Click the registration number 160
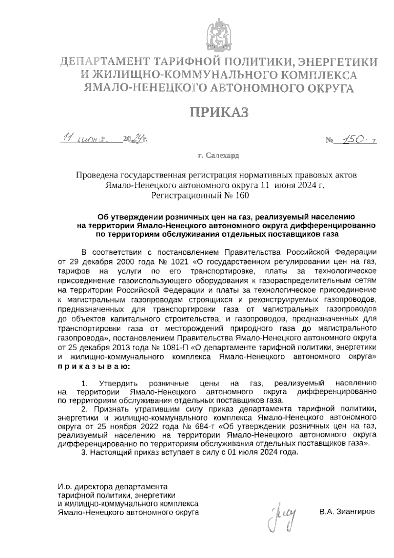click(x=242, y=196)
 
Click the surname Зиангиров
click(x=347, y=512)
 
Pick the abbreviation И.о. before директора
click(x=65, y=486)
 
